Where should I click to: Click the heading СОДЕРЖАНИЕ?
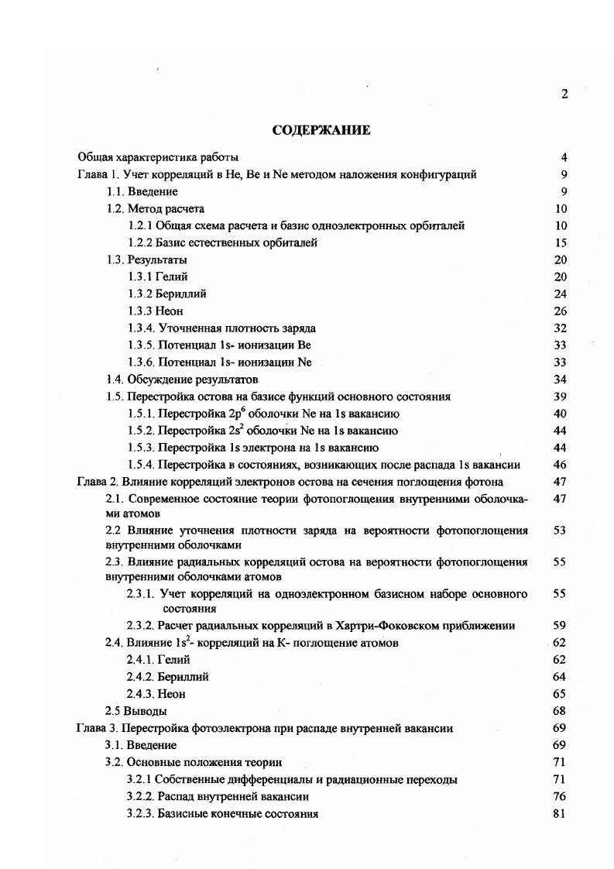(x=321, y=130)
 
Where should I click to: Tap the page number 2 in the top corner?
(x=564, y=94)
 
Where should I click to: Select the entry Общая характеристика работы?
(x=158, y=157)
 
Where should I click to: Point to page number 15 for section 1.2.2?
(x=561, y=242)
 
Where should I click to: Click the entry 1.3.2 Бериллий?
(x=168, y=294)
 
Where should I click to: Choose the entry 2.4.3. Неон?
(x=156, y=694)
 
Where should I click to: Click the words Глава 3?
(x=98, y=728)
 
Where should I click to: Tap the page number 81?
(x=561, y=813)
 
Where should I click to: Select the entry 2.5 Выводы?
(x=135, y=711)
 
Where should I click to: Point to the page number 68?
(x=561, y=711)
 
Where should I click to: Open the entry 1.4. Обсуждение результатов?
(x=181, y=380)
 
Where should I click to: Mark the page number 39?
(x=561, y=397)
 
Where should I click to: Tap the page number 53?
(x=561, y=531)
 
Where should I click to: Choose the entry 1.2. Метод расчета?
(x=155, y=208)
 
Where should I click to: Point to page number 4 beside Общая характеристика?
(x=564, y=157)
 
